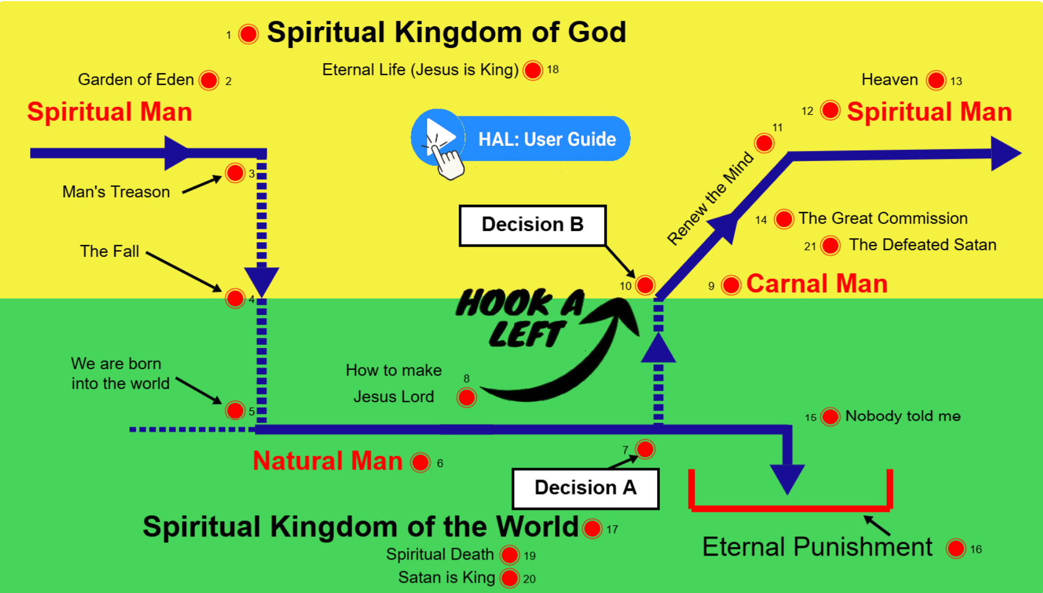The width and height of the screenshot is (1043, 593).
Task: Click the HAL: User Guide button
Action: [x=521, y=139]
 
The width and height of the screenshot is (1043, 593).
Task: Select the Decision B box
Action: [x=532, y=225]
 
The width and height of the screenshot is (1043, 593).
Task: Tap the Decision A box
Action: [x=585, y=488]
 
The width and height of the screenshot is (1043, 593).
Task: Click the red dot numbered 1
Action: [x=248, y=34]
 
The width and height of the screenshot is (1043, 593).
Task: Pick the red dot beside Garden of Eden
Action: [x=209, y=80]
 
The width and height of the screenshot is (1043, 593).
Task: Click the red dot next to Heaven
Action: [x=935, y=80]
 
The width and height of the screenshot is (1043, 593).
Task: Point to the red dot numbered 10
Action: [x=645, y=285]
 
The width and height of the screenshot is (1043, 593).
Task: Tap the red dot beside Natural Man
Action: [x=420, y=463]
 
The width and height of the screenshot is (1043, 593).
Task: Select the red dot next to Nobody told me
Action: [x=830, y=416]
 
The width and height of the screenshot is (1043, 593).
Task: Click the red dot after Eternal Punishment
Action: [x=956, y=549]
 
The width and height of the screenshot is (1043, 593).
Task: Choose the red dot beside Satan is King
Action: [x=509, y=578]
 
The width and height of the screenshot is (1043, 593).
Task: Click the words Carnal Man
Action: [x=817, y=284]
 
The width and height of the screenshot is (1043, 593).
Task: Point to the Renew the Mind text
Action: [x=710, y=198]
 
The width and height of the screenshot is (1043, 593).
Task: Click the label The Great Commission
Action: [x=883, y=218]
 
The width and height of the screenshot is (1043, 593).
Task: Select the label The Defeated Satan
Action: [x=922, y=245]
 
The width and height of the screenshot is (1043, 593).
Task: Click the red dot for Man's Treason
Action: [x=235, y=173]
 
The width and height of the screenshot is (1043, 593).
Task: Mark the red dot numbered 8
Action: [x=467, y=397]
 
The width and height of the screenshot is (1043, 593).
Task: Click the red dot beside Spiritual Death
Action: [x=509, y=555]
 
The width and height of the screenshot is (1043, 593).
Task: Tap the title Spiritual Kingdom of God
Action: [x=446, y=32]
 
